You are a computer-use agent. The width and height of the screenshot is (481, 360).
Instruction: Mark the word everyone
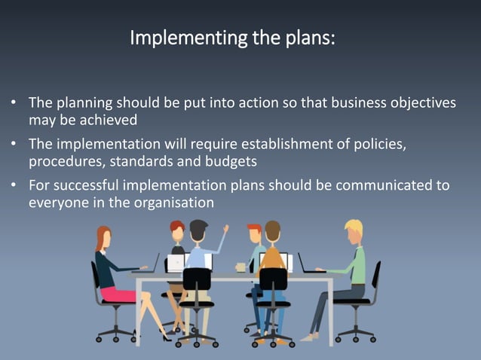coord(57,202)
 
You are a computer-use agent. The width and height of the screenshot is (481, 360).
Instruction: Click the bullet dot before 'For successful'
coord(14,185)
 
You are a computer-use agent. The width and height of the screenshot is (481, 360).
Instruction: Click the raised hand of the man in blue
coord(225,227)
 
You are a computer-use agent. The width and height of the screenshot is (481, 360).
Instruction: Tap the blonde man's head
coord(353,229)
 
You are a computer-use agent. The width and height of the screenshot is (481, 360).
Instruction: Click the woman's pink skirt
coord(117,294)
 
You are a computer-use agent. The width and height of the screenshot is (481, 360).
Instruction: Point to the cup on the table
coord(240,267)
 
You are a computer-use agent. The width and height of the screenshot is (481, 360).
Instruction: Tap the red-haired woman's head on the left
coord(103,235)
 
